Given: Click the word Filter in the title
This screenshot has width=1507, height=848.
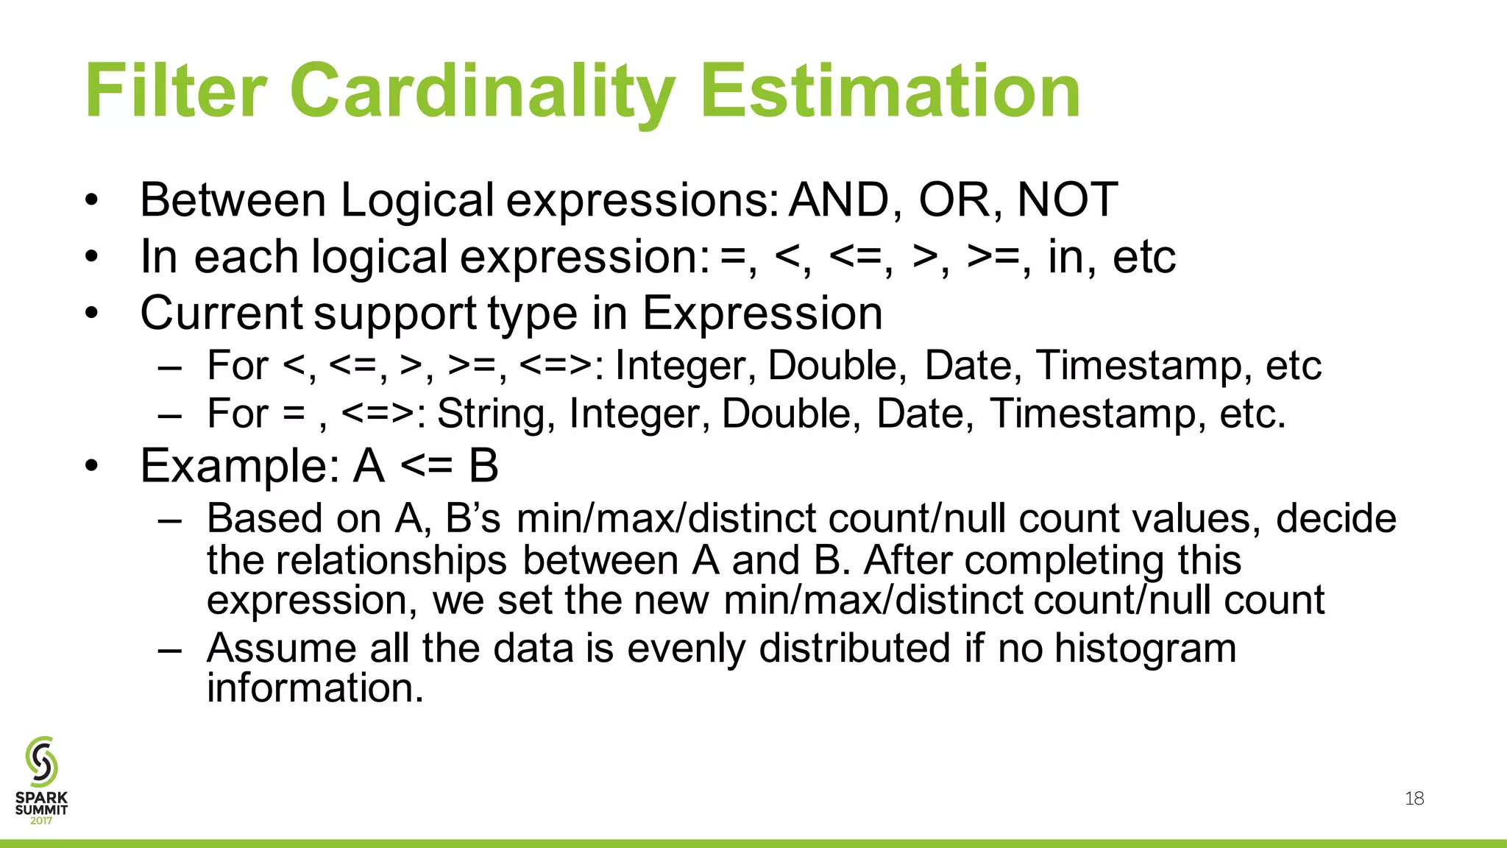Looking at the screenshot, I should tap(175, 91).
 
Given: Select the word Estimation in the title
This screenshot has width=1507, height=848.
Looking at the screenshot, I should tap(890, 91).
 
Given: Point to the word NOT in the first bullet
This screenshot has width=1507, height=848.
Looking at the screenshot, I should tap(1067, 200).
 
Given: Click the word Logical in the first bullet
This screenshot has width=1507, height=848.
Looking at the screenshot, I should tap(416, 201).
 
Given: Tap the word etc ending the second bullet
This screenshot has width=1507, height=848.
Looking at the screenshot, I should tap(1143, 257).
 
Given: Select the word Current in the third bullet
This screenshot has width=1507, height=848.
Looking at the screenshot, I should tap(221, 314).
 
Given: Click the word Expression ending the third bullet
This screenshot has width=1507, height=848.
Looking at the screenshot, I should tap(762, 314).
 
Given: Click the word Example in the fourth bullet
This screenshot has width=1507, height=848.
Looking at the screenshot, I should tap(240, 467).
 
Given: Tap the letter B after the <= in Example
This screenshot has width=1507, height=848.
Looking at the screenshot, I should tap(483, 467).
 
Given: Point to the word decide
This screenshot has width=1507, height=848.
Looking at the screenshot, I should tap(1336, 519).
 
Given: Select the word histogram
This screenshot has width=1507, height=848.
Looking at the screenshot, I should tap(1145, 649).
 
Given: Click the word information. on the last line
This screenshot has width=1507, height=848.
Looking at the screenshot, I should tap(315, 689).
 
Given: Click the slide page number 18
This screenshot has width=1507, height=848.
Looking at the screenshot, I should tap(1414, 799).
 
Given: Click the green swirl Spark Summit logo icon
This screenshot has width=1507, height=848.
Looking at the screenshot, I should tap(41, 761).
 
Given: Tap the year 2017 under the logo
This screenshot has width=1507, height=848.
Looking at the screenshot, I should tap(41, 821).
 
